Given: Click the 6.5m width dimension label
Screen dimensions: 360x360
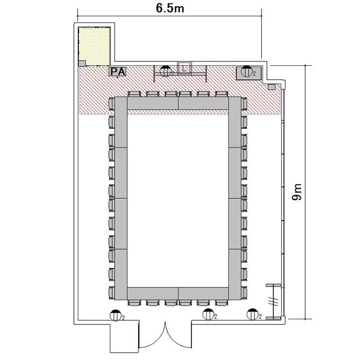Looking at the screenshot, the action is (170, 8).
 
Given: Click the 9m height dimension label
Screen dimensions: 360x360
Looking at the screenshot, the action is (297, 192).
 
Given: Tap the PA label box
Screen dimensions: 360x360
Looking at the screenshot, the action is (118, 72).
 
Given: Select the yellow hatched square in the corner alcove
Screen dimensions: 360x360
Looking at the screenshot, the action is (94, 47).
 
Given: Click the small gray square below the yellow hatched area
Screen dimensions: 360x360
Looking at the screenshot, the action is (82, 63).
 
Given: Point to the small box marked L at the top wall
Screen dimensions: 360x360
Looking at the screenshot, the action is (184, 68).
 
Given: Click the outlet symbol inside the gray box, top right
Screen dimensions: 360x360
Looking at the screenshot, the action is (247, 72).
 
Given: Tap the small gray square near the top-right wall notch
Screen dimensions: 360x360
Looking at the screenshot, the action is (272, 87).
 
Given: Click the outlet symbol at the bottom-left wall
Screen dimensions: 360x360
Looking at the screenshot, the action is (116, 315).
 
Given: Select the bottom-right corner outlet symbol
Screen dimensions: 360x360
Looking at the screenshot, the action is (252, 314).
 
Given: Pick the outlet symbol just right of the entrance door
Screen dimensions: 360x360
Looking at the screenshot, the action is (208, 314).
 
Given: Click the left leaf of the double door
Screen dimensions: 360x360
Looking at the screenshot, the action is (152, 337).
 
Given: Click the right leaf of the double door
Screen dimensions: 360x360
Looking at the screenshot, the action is (179, 337).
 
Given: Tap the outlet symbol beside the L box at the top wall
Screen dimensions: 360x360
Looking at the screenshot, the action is (166, 71).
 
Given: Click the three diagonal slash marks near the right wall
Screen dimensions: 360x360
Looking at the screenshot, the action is (273, 301).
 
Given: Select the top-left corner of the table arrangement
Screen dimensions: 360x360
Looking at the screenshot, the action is (115, 97).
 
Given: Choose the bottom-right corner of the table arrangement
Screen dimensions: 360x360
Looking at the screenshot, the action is (241, 300).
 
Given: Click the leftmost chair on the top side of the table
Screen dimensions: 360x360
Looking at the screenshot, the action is (134, 94).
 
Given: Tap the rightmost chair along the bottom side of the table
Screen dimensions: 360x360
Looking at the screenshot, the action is (222, 302).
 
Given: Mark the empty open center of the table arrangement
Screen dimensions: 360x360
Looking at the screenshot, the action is (178, 198).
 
